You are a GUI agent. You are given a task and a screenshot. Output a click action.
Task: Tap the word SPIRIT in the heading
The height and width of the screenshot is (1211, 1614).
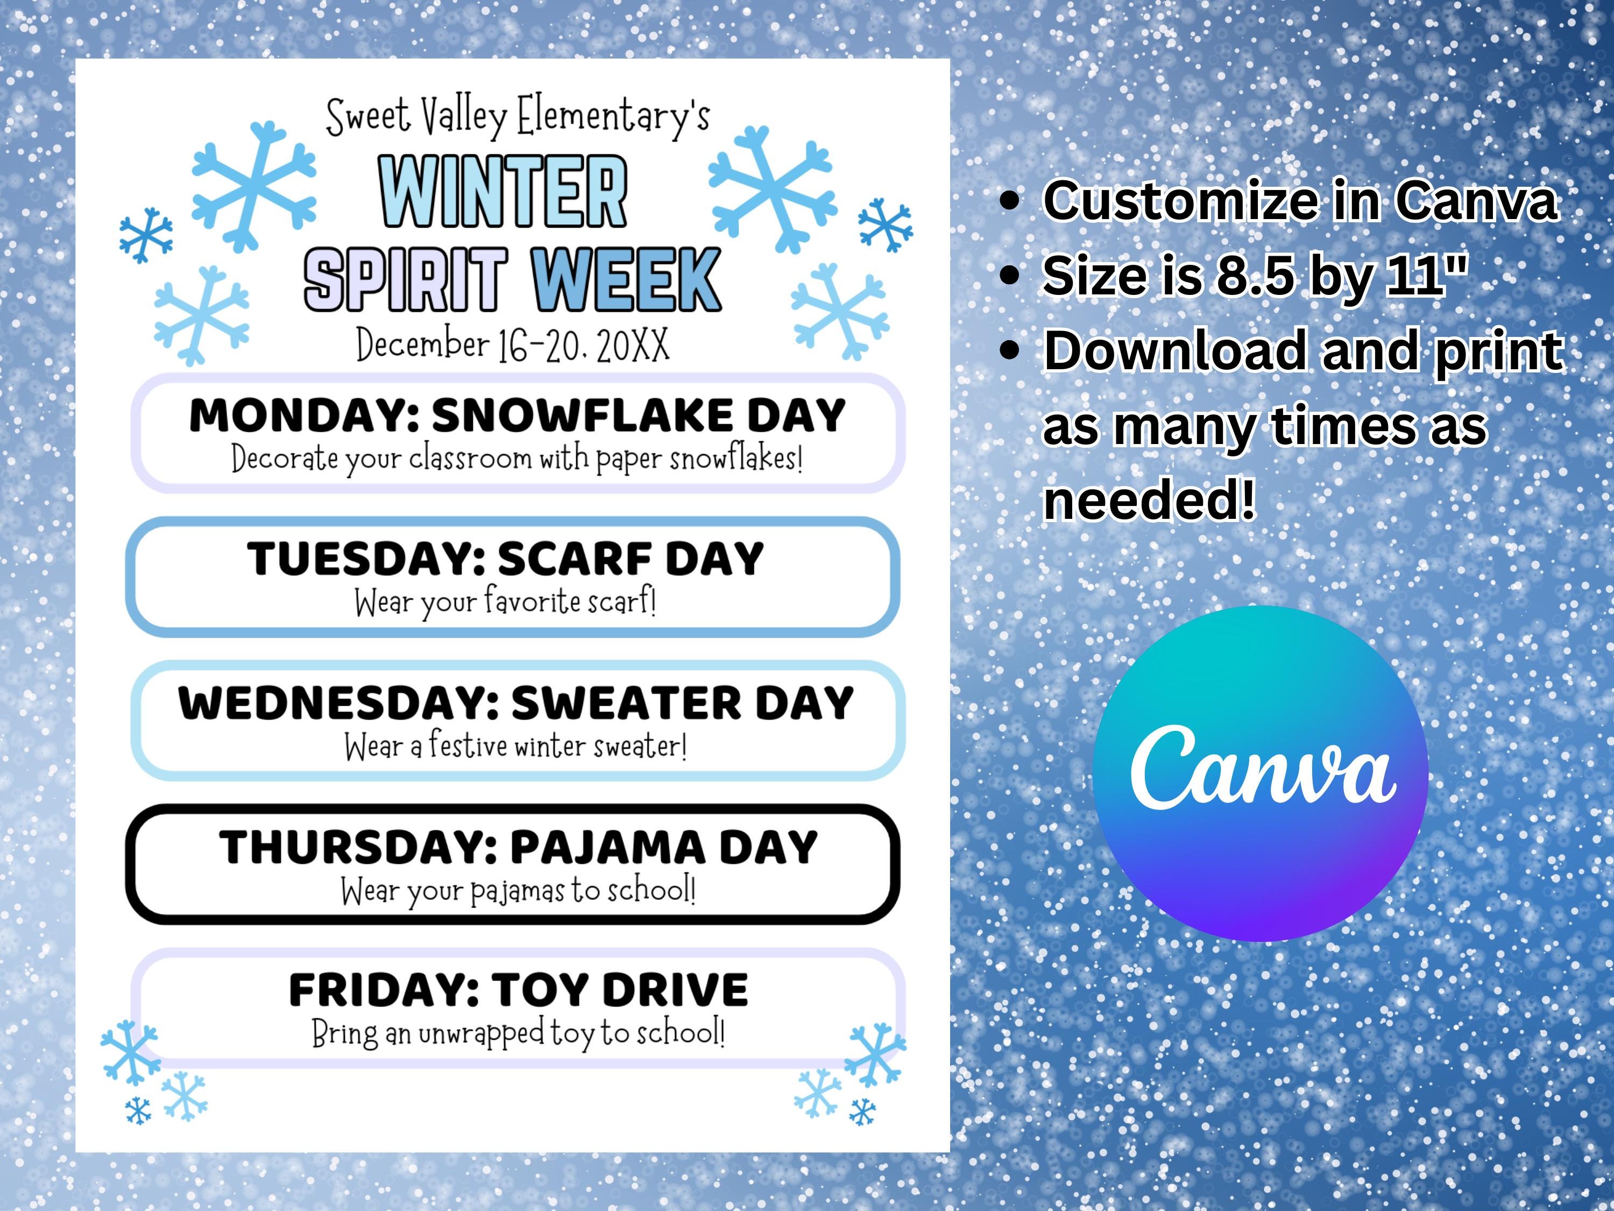(x=406, y=279)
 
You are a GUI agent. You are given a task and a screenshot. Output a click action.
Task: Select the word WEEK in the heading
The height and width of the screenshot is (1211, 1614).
(x=626, y=279)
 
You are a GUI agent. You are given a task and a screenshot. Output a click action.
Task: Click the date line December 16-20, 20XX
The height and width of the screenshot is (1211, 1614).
(x=512, y=346)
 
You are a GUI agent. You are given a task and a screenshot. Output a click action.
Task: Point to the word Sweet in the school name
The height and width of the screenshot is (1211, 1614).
(x=368, y=117)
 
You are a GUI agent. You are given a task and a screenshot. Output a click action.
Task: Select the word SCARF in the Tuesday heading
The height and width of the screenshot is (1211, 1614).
(x=575, y=560)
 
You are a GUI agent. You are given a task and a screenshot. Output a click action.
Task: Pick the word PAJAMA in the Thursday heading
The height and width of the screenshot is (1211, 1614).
(x=607, y=848)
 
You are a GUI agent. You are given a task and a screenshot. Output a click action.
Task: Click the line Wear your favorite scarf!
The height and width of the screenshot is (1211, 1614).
(x=506, y=603)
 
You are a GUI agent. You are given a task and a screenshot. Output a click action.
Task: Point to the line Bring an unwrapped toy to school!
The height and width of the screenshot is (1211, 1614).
(x=518, y=1033)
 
